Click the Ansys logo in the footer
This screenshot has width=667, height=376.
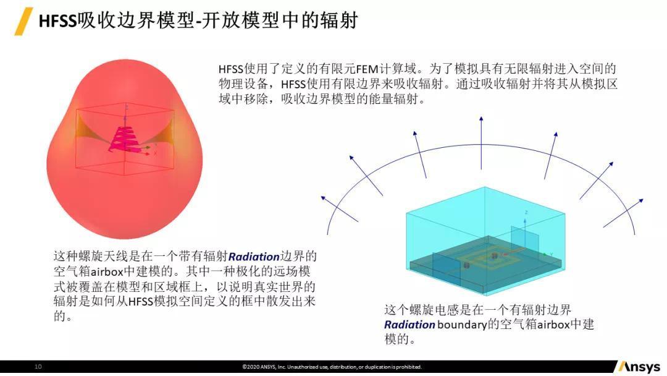pos(639,367)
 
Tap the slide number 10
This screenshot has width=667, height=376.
pos(38,366)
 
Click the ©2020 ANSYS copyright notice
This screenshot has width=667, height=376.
pos(332,367)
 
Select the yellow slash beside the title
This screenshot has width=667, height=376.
pos(23,21)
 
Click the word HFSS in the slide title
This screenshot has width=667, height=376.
pos(57,21)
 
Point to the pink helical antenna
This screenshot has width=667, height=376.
pos(124,139)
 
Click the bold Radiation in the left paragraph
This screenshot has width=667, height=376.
pos(254,257)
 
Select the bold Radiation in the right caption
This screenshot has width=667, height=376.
pos(409,325)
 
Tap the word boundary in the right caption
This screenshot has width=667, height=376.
pos(461,325)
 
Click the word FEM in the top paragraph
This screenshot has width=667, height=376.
pos(367,69)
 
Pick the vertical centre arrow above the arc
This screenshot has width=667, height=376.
pos(481,143)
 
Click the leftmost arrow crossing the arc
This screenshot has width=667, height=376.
pos(340,208)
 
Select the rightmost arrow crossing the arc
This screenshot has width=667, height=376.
pos(623,213)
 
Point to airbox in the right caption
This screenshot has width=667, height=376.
pos(553,325)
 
